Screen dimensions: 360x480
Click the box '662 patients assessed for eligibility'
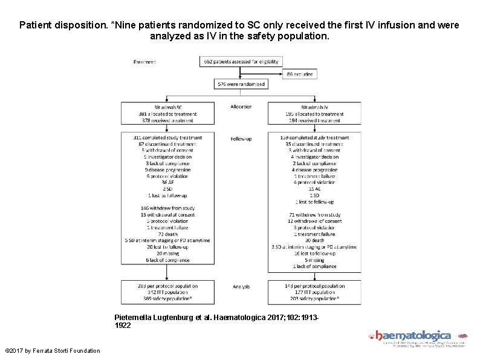(x=241, y=61)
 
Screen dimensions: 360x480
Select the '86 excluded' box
(x=299, y=74)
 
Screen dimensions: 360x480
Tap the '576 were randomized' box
(x=241, y=85)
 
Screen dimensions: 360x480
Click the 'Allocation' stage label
(x=241, y=107)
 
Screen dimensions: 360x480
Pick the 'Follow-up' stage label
(x=241, y=139)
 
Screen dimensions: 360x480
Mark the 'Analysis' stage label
(x=241, y=286)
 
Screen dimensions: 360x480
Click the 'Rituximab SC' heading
(x=167, y=107)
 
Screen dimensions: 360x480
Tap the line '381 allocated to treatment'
(x=167, y=114)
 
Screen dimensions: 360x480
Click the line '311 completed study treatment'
(x=167, y=137)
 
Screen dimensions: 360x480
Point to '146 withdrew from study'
(x=167, y=208)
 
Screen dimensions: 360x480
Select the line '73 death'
(x=167, y=233)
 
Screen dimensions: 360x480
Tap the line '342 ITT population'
(x=167, y=292)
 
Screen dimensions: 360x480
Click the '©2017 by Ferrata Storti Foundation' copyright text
(x=52, y=351)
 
